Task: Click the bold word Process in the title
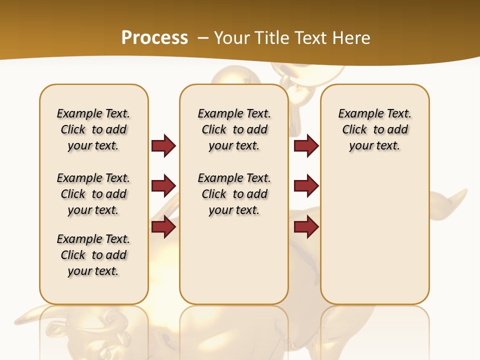(154, 37)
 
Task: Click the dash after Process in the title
(203, 38)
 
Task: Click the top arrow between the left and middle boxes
(163, 146)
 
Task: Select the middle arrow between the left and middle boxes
(163, 186)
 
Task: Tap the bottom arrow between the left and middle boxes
(163, 227)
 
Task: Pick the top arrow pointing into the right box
(306, 146)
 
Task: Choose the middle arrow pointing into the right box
(306, 186)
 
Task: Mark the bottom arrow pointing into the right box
(306, 227)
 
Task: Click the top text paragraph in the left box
(93, 129)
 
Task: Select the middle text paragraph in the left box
(93, 194)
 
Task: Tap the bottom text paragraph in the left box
(93, 255)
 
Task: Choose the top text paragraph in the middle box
(234, 129)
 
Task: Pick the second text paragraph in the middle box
(234, 194)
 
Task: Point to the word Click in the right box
(354, 129)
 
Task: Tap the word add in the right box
(397, 129)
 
